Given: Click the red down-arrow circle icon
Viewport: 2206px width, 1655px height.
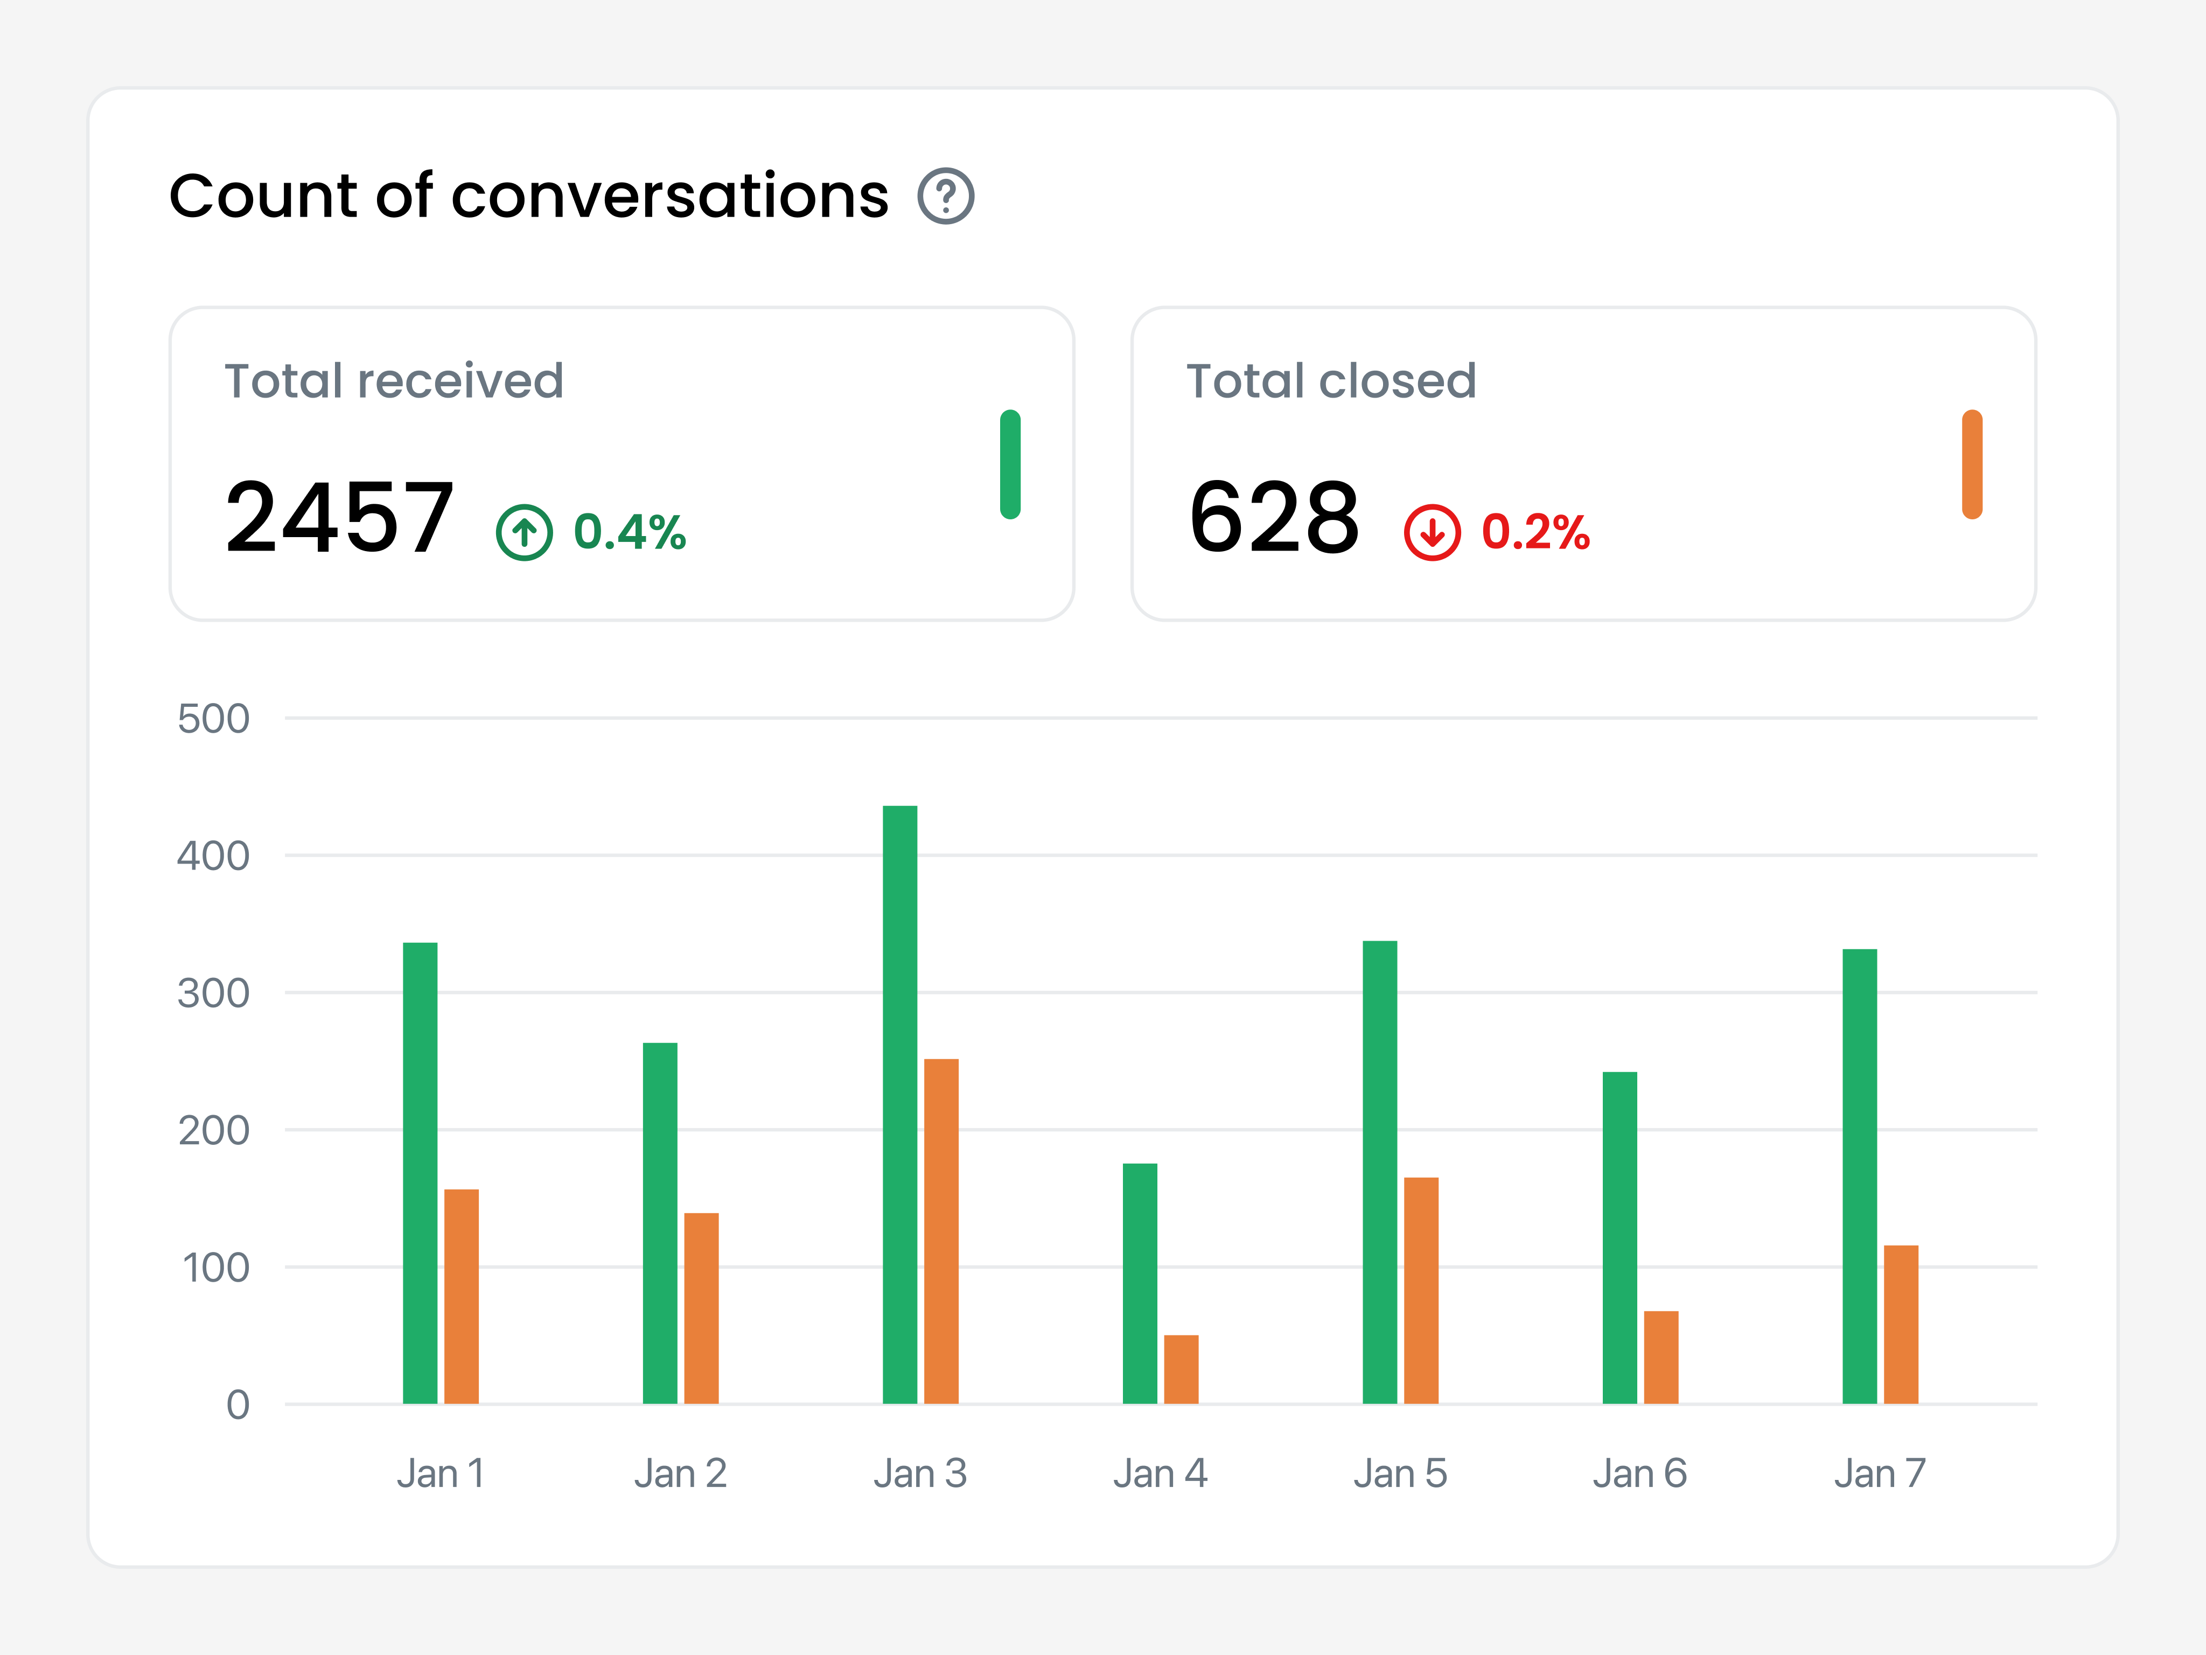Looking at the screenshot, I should (1432, 533).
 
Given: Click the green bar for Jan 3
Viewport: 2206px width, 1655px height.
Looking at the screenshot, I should (899, 1104).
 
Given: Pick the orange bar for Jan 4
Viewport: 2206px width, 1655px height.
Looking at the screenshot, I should (1181, 1369).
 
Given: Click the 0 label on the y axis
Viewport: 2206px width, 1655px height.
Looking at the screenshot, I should (238, 1404).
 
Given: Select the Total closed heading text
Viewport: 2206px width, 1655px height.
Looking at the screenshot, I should (1330, 381).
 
